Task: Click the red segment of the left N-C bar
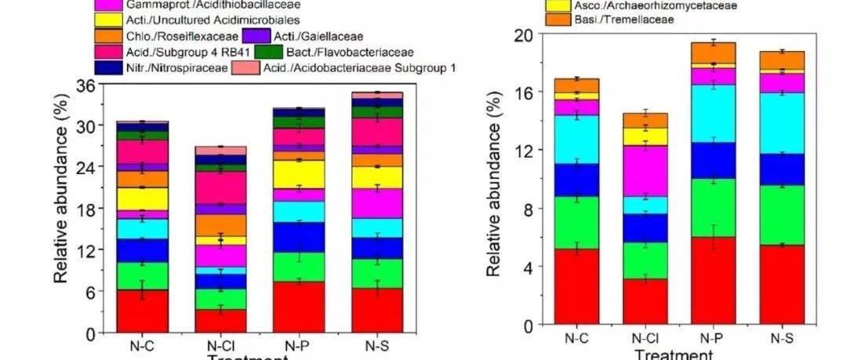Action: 142,311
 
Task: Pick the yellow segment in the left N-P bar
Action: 299,174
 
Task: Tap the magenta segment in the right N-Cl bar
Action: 646,170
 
